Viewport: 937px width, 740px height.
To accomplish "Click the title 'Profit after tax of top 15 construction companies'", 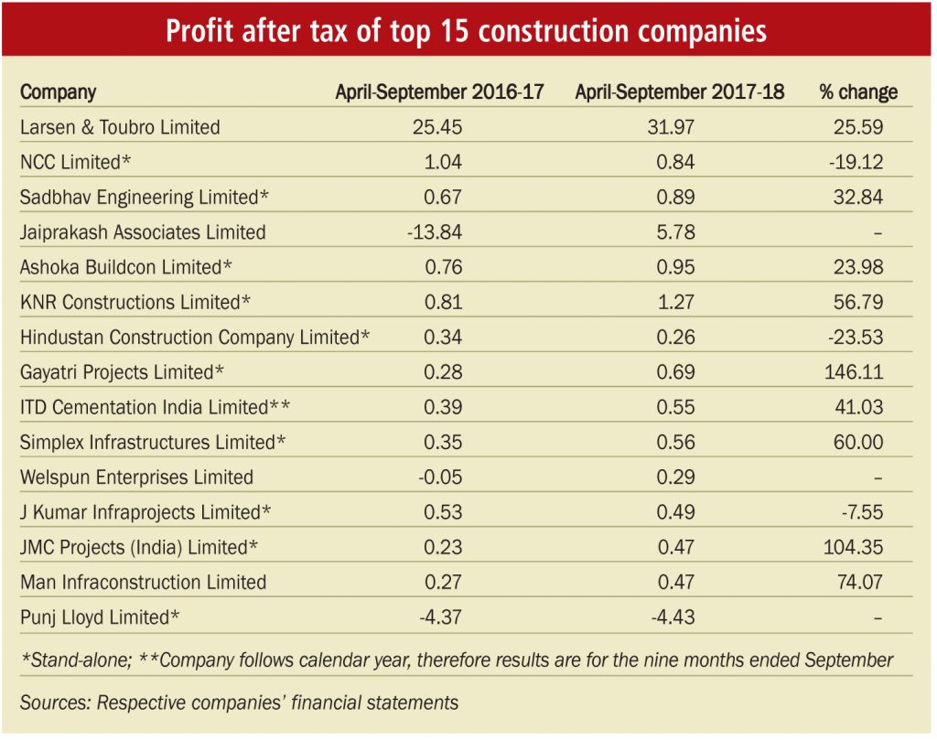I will [467, 31].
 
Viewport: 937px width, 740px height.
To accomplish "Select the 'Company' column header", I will [58, 92].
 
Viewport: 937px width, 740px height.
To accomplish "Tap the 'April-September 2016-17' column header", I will [439, 92].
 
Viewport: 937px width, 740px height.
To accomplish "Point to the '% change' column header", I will [858, 92].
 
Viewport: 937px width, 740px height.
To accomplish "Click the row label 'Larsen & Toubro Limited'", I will [120, 127].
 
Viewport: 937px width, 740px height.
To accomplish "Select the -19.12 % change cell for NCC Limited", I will [857, 163].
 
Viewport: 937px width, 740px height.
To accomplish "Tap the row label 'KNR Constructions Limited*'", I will [135, 303].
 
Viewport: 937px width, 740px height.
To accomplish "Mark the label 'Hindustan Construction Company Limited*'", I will [195, 338].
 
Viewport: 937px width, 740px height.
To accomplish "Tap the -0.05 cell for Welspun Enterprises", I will [439, 477].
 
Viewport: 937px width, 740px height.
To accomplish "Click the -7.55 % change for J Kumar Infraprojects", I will [861, 512].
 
